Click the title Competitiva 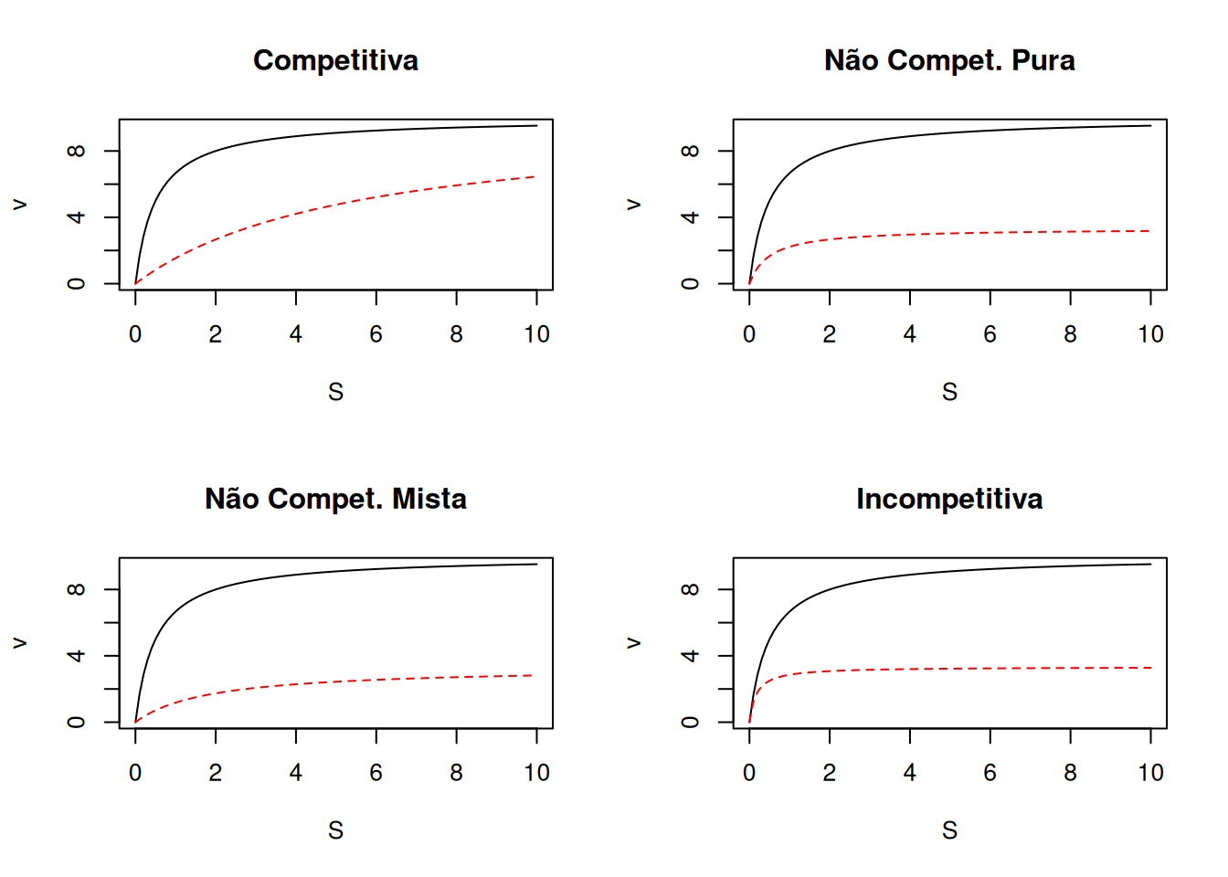pyautogui.click(x=335, y=60)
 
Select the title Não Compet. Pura pyautogui.click(x=949, y=60)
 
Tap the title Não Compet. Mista pyautogui.click(x=335, y=499)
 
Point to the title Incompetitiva pyautogui.click(x=949, y=499)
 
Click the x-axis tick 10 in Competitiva pyautogui.click(x=536, y=334)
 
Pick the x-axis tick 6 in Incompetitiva pyautogui.click(x=990, y=773)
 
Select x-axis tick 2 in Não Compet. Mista pyautogui.click(x=215, y=773)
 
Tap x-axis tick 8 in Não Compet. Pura pyautogui.click(x=1070, y=334)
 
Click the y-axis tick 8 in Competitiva pyautogui.click(x=77, y=151)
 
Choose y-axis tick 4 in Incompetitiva pyautogui.click(x=691, y=656)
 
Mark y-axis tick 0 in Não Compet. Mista pyautogui.click(x=77, y=723)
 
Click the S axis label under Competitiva pyautogui.click(x=335, y=392)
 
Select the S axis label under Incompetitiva pyautogui.click(x=949, y=830)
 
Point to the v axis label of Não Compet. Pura pyautogui.click(x=633, y=205)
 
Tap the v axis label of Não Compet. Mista pyautogui.click(x=19, y=643)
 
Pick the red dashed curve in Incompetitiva pyautogui.click(x=950, y=669)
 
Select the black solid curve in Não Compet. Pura pyautogui.click(x=950, y=134)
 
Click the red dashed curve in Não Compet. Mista pyautogui.click(x=335, y=682)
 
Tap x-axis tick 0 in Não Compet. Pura pyautogui.click(x=749, y=334)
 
